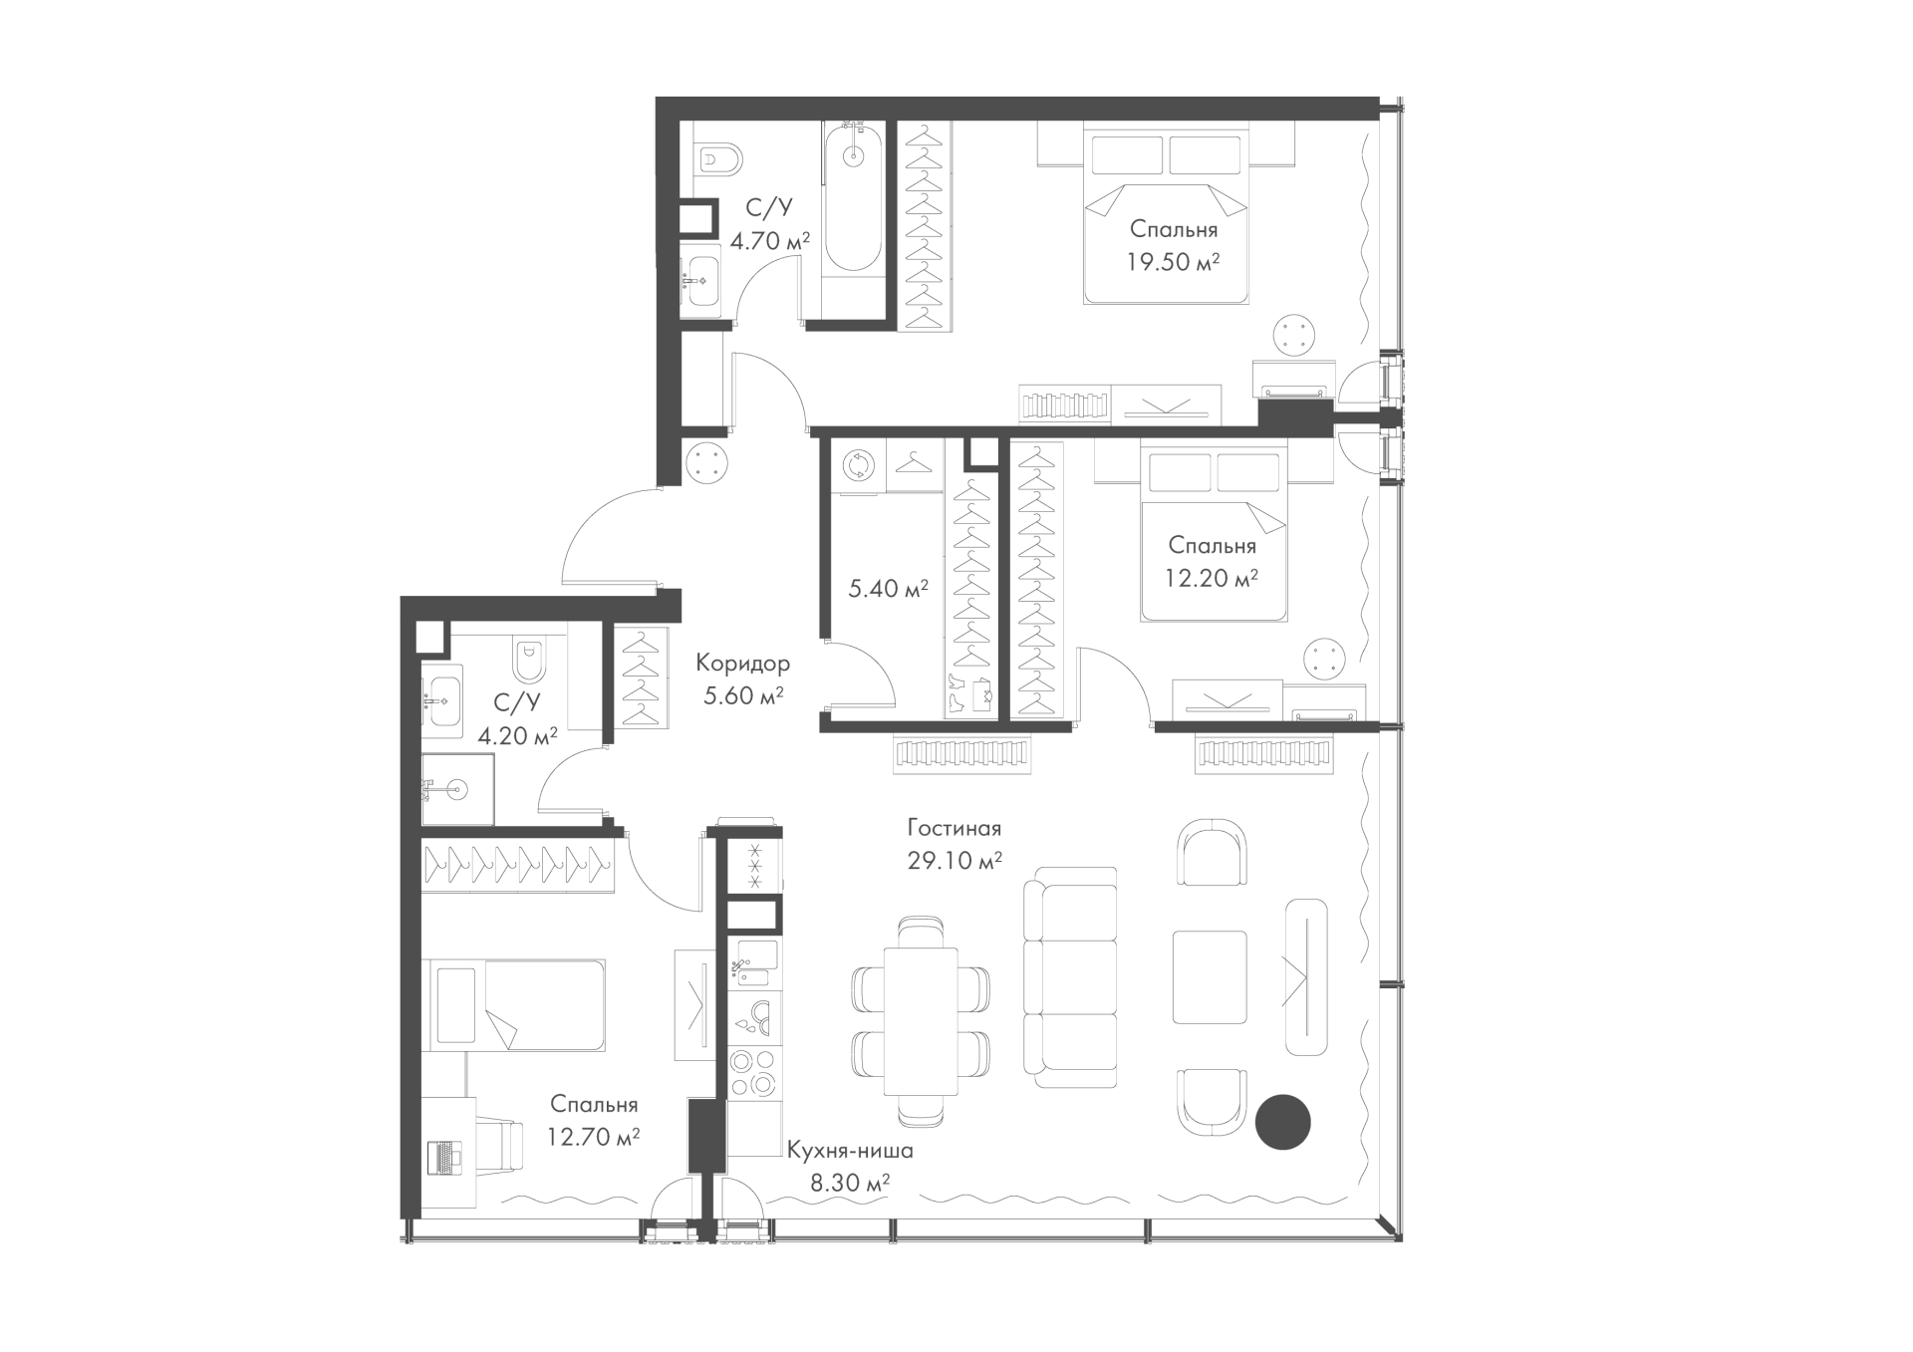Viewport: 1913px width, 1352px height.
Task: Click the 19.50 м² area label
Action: tap(1174, 264)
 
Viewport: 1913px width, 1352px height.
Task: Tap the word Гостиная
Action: tap(954, 828)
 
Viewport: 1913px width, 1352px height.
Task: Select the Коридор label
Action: tap(742, 663)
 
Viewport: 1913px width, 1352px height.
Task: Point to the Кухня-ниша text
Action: tap(849, 1152)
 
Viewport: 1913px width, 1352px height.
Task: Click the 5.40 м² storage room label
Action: tap(888, 589)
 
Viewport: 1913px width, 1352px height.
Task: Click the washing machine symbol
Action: tap(857, 464)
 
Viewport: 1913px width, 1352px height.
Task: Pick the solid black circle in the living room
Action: tap(1282, 1122)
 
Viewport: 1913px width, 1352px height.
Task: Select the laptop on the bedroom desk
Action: tap(444, 1156)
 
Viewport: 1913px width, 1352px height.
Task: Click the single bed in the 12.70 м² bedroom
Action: tap(513, 1004)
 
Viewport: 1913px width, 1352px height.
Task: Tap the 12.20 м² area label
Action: tap(1212, 579)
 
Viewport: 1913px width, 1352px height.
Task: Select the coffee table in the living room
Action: tap(1210, 977)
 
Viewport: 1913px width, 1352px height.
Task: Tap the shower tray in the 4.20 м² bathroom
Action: tap(457, 789)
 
